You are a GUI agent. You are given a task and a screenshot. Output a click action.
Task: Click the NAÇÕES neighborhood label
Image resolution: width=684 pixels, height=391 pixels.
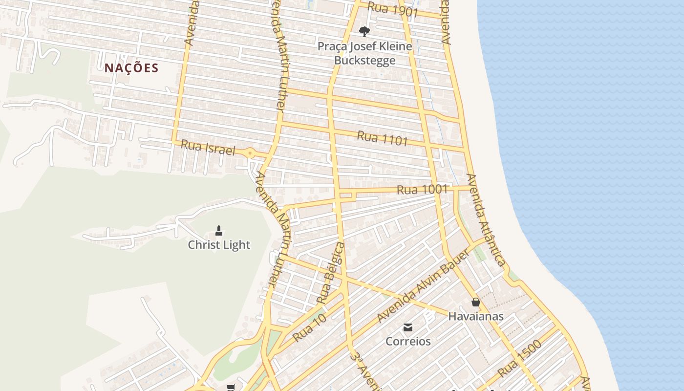coord(131,68)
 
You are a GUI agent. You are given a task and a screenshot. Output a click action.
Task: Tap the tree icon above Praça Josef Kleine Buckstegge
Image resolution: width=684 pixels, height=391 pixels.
coord(364,32)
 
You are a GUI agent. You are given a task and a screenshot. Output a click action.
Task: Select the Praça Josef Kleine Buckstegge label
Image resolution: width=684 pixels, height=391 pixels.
coord(364,54)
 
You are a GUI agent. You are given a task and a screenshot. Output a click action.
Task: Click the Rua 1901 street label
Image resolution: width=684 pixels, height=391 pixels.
coord(392,10)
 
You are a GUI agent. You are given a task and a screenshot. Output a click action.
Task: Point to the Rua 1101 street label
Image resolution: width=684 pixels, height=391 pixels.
coord(382,138)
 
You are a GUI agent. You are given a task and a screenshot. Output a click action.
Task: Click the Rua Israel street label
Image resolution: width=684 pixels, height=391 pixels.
coord(208,147)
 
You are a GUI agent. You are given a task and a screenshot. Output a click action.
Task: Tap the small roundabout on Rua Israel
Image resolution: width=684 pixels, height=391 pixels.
coord(250,153)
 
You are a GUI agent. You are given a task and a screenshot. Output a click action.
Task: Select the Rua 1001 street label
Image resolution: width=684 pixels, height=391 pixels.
coord(422,189)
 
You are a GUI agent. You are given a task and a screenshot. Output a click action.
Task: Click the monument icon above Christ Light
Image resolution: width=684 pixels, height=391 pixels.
coord(219,230)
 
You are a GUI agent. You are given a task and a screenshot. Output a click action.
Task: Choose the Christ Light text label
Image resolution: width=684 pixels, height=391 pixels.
coord(219,245)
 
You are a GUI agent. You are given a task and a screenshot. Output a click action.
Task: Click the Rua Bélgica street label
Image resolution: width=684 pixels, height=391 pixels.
coord(330,272)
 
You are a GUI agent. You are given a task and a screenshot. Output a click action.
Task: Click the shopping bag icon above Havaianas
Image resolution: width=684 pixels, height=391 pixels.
coord(476,303)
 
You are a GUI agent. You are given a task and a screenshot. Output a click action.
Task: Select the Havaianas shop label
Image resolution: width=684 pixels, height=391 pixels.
coord(476,316)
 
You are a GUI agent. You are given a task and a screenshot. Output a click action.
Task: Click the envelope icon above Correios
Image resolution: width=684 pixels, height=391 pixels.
coord(408,327)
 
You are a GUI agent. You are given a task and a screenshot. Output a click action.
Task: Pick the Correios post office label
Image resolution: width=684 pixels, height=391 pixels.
coord(408,341)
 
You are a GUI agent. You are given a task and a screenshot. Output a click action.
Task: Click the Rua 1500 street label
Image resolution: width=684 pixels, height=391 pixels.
coord(520,359)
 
